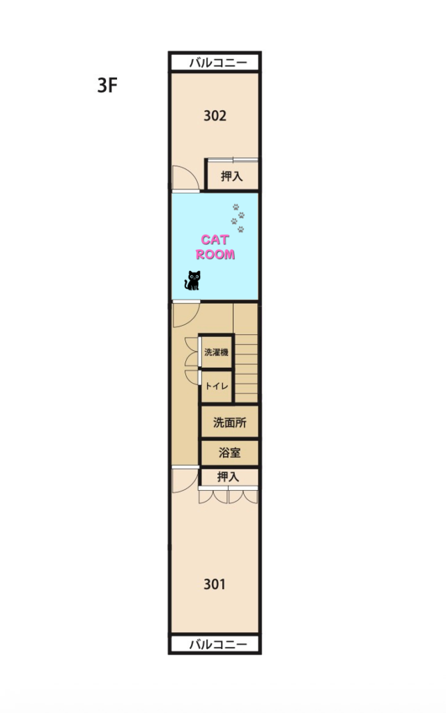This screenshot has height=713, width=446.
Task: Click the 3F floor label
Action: [107, 85]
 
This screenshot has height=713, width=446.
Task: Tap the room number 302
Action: [215, 116]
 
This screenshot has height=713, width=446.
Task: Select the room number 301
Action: [215, 584]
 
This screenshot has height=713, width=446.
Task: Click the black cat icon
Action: [192, 280]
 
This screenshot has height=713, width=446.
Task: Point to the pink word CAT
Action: [215, 240]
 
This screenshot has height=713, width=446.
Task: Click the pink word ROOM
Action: [215, 254]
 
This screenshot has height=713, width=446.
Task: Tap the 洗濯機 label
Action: [216, 352]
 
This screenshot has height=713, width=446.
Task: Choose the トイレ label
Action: [217, 386]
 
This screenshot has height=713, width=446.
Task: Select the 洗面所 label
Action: [230, 423]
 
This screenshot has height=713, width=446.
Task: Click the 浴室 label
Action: [229, 453]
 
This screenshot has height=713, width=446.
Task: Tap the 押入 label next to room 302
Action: [231, 176]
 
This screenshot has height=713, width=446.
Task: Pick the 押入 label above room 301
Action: [228, 476]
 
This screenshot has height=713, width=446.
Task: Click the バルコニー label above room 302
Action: [218, 62]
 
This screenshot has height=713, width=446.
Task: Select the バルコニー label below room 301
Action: [218, 644]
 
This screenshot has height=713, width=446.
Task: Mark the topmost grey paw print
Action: [236, 207]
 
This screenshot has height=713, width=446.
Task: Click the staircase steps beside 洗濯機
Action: [246, 368]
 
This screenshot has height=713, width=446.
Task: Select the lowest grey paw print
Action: [240, 229]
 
